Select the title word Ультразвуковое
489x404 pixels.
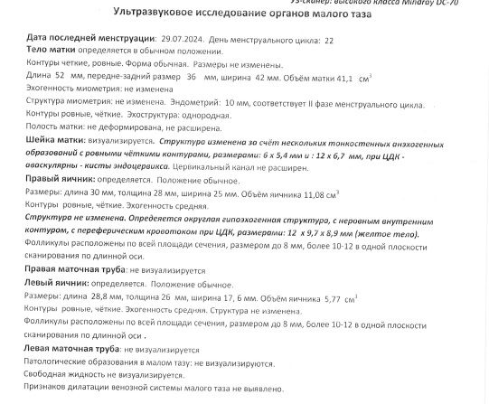point(157,15)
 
